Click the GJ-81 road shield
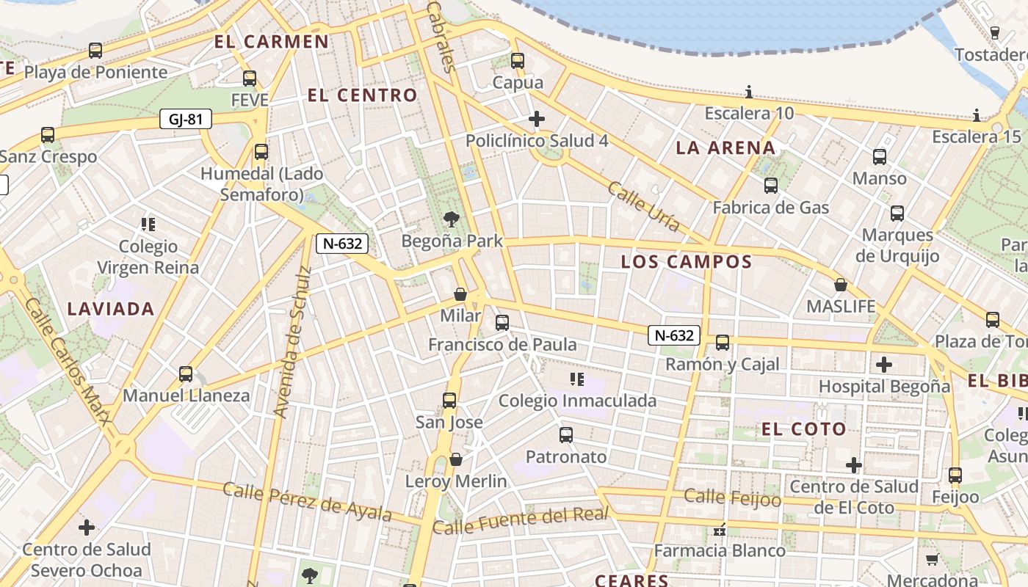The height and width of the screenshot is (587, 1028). click(186, 119)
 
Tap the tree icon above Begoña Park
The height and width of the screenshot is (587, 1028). click(452, 218)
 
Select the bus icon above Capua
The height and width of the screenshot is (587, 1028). click(518, 60)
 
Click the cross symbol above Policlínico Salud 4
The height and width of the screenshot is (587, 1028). click(537, 118)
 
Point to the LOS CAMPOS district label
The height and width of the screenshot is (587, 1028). click(687, 262)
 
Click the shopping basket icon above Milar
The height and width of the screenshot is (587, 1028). click(460, 294)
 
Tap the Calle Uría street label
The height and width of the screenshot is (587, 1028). click(643, 206)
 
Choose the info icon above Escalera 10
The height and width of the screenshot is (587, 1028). click(749, 92)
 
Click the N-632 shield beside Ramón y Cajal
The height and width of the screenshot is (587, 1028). click(674, 335)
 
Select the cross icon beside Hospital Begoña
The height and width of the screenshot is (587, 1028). click(884, 364)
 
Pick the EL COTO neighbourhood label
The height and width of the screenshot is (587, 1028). click(804, 429)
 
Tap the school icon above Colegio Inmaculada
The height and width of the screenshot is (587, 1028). click(577, 379)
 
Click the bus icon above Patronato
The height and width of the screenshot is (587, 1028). click(566, 434)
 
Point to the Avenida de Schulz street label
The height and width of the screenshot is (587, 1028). click(292, 342)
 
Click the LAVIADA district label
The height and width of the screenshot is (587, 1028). click(111, 309)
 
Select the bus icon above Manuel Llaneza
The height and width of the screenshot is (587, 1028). click(186, 373)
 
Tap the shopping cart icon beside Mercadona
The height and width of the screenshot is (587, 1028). click(932, 559)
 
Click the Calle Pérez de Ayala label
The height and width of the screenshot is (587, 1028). click(307, 501)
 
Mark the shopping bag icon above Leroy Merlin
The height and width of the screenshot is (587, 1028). click(456, 459)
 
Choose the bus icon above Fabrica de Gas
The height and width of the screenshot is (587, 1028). click(770, 185)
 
